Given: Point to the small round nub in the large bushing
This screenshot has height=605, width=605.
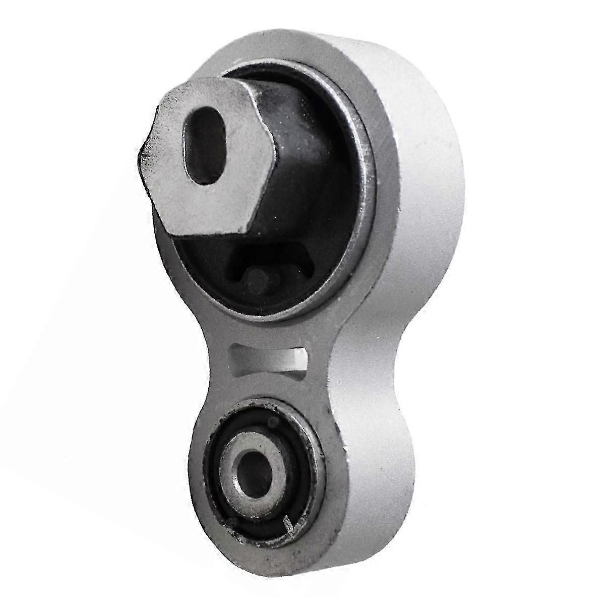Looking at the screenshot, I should pyautogui.click(x=255, y=275).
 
